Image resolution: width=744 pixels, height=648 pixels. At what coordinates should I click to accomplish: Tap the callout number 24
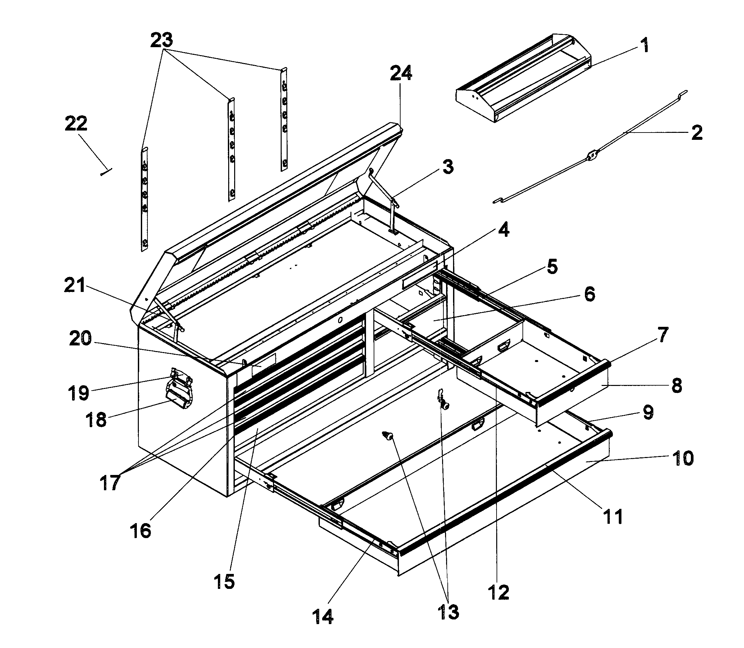[401, 73]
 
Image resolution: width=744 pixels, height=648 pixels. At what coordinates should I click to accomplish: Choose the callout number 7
[662, 334]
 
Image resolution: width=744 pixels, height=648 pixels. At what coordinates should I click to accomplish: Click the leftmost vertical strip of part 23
[144, 199]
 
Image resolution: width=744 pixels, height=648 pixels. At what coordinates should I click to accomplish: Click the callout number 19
[78, 393]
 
